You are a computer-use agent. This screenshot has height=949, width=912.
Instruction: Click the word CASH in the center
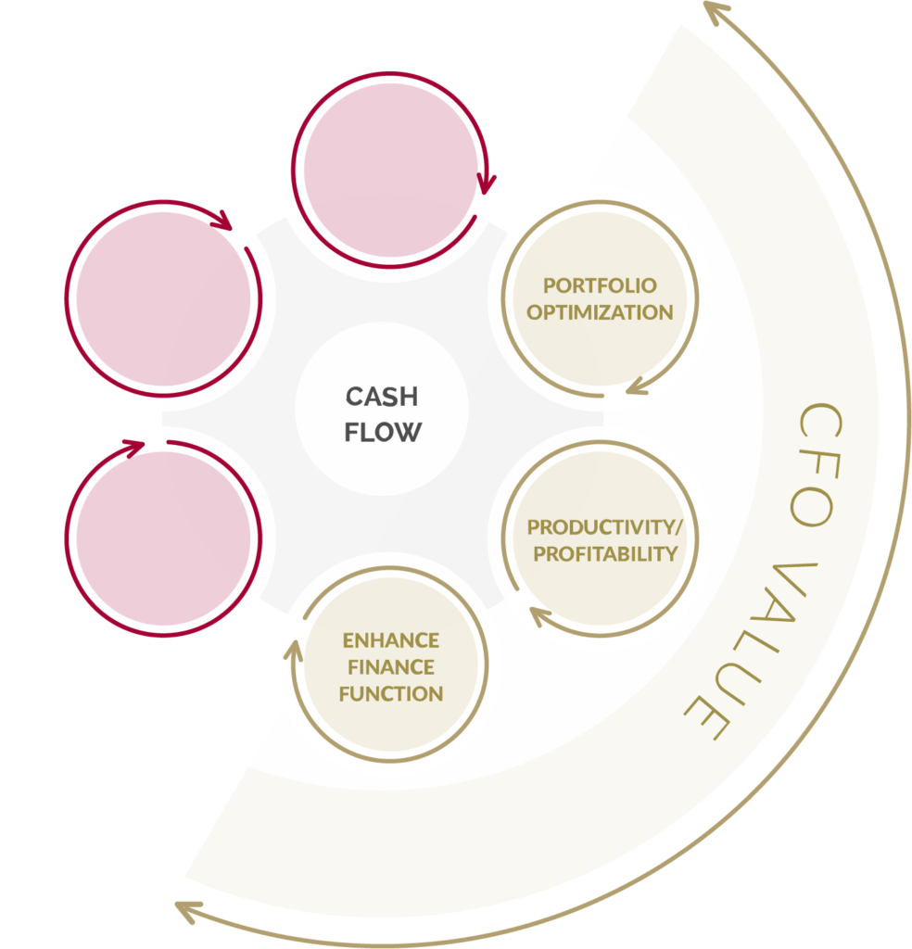pos(381,397)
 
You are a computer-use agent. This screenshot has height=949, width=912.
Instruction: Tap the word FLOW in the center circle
pos(381,432)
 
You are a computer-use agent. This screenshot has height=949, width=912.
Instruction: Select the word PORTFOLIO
pos(600,285)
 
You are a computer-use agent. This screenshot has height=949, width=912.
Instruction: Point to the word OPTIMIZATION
pos(600,312)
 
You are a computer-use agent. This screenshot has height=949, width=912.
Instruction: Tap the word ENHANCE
pos(390,640)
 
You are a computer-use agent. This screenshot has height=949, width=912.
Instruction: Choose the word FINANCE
pos(390,667)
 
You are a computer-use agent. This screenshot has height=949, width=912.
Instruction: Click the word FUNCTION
pos(390,693)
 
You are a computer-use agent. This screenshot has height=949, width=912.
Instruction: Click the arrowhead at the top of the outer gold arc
pos(715,10)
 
